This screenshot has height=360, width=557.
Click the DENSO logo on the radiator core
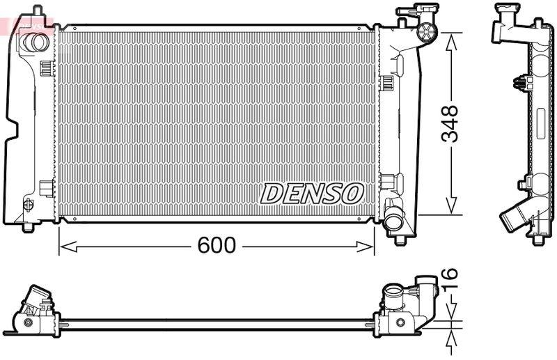click(x=312, y=194)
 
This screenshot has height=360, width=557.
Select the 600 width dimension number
click(x=217, y=245)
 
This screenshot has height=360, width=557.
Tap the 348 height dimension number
click(x=450, y=124)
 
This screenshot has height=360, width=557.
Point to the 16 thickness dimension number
click(x=450, y=282)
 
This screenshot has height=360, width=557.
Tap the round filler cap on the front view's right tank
click(x=426, y=31)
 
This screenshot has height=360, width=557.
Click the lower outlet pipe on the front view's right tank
click(x=393, y=217)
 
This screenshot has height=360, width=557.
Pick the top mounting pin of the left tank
click(x=38, y=10)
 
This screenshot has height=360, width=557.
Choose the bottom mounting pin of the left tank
click(x=28, y=227)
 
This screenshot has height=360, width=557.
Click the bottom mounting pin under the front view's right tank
click(x=400, y=240)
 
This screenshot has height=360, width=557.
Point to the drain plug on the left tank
click(x=28, y=204)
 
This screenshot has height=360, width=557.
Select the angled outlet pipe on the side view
click(x=513, y=212)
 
